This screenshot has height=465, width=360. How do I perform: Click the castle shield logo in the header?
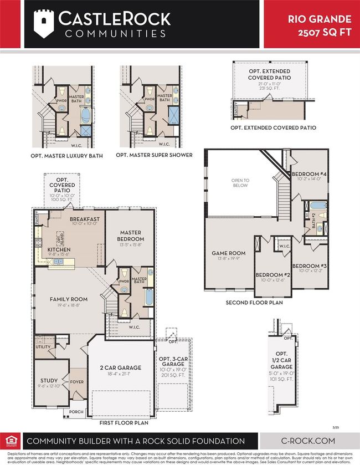[x=46, y=23]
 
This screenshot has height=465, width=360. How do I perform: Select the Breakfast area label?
[x=84, y=219]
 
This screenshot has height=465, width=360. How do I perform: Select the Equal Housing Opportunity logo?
[x=11, y=441]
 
